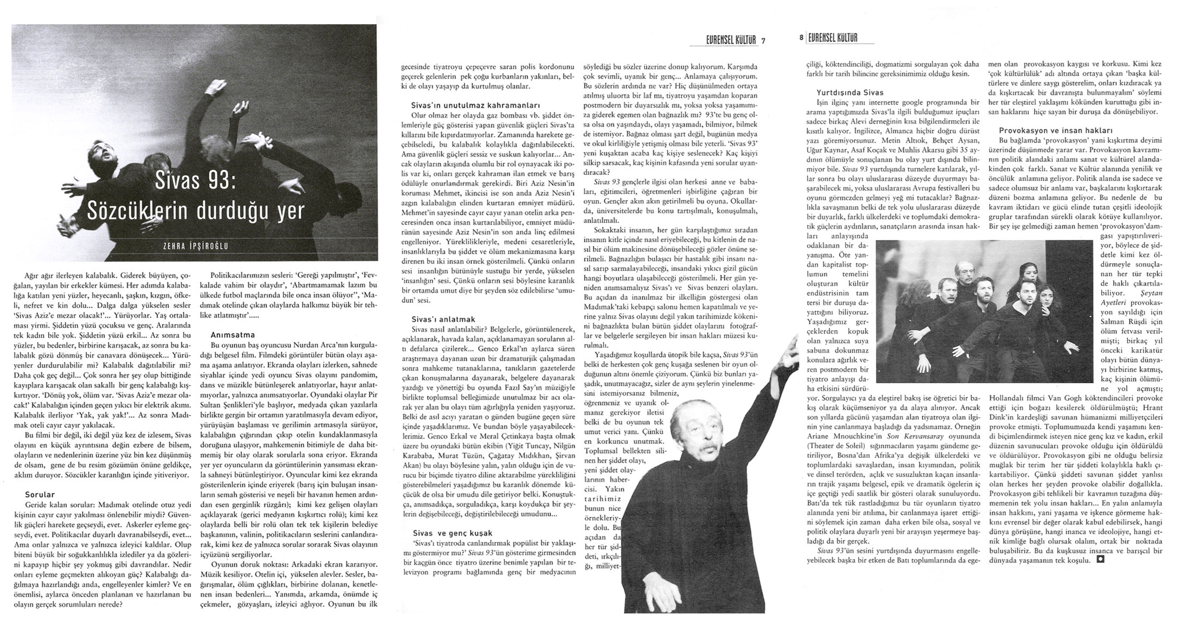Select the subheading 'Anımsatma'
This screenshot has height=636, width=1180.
coord(233,335)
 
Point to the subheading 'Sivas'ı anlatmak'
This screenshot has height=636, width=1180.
coord(443,319)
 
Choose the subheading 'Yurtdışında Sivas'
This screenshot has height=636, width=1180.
coord(850,93)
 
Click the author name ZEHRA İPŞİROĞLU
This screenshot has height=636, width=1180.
coord(196,246)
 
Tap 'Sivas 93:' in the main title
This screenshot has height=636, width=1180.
coord(195,181)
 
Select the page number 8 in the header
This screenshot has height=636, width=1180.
coord(801,38)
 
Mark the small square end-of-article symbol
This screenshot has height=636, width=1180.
coord(1100,559)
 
